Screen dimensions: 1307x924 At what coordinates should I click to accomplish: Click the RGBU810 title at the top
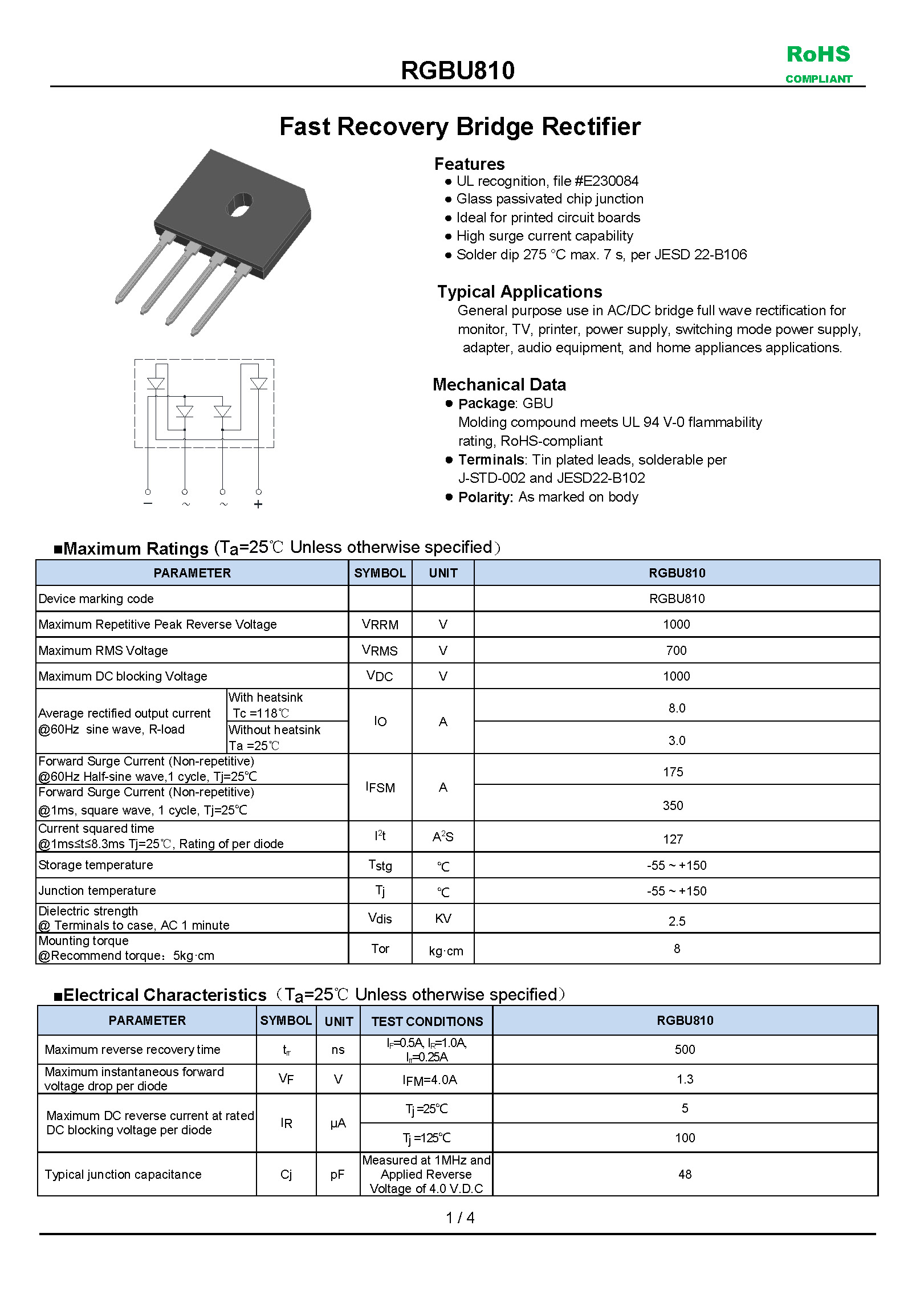[458, 71]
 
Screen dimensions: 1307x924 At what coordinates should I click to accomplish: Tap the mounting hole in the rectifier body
[239, 205]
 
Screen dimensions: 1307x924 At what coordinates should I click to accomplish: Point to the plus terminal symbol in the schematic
[258, 504]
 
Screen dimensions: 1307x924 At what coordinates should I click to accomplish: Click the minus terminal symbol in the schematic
[148, 504]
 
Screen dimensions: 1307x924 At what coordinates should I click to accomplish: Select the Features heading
[469, 164]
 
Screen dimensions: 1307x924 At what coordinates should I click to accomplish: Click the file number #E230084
[606, 181]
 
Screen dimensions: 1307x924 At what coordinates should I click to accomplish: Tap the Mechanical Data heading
[499, 385]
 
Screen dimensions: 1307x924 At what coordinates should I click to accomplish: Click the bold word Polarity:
[486, 497]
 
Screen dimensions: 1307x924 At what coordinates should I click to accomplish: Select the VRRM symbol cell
[380, 625]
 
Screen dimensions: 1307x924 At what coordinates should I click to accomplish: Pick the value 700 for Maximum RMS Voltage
[677, 650]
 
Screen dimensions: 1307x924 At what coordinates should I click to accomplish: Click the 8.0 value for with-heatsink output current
[677, 708]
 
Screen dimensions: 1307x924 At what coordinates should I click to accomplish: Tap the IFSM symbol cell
[380, 787]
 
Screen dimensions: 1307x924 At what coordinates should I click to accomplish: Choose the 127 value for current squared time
[673, 839]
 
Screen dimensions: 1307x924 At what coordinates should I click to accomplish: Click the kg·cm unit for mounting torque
[446, 951]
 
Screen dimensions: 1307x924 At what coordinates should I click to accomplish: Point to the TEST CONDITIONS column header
[427, 1021]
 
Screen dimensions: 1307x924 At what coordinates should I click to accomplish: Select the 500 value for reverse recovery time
[685, 1049]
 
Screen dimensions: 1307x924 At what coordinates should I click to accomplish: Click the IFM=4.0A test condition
[430, 1080]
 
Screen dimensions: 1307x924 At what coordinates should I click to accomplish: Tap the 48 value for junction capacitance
[685, 1174]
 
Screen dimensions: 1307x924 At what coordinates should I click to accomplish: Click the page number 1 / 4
[460, 1218]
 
